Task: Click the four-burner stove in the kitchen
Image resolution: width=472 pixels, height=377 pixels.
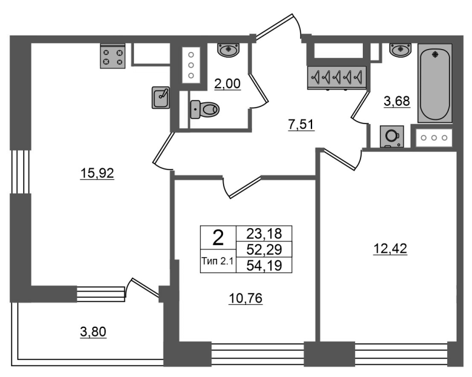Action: pos(113,56)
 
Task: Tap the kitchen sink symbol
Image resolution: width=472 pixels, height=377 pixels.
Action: pos(160,97)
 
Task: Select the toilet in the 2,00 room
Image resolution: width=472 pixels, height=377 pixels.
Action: pos(205,109)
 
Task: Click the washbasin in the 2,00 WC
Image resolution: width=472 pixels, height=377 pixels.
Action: pos(228,50)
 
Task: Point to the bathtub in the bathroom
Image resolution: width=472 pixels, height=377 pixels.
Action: pos(435,83)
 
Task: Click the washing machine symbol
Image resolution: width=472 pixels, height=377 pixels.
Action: pos(392,136)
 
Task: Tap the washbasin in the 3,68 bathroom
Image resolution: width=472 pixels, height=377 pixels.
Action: pos(400,50)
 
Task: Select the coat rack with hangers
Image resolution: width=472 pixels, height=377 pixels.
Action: pos(337,78)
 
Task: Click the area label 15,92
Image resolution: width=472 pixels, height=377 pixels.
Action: pos(97,173)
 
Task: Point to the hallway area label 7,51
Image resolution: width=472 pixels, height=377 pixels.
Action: pos(301,125)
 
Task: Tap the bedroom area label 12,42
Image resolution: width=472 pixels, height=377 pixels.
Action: pos(390,249)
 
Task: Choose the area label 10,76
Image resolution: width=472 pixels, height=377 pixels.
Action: pos(245,298)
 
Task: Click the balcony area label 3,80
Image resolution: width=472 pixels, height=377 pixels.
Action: pos(93,332)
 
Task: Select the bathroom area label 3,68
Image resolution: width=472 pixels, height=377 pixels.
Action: pos(396,101)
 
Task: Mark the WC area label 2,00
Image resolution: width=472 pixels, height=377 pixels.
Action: pos(227,83)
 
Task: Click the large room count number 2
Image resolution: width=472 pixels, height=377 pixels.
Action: pos(218,238)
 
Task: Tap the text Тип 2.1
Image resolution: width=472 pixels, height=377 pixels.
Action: pos(217,261)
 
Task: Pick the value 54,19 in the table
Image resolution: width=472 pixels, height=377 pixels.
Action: pos(264,266)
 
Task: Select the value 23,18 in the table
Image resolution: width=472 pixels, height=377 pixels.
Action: pos(264,233)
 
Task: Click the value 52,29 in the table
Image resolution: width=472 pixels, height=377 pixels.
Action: pos(264,249)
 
